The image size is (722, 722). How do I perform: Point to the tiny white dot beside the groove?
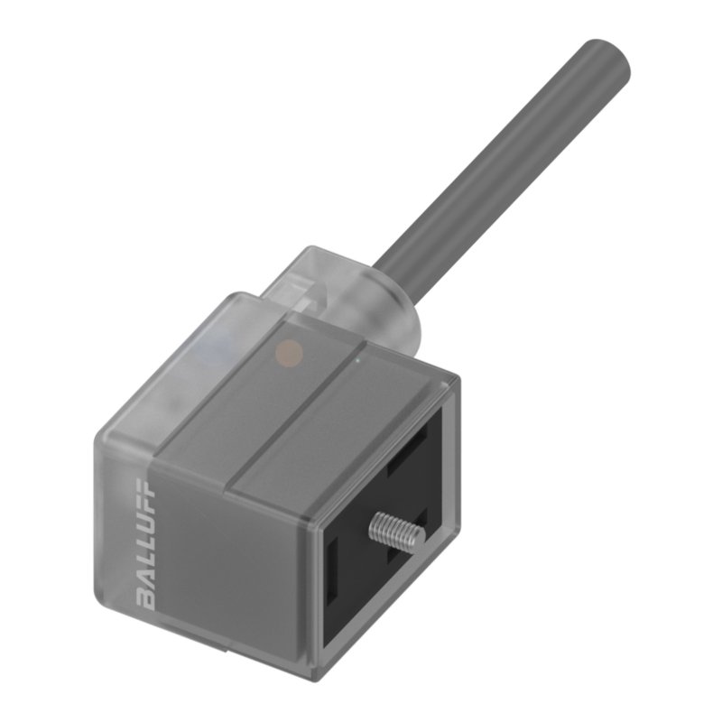358,359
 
